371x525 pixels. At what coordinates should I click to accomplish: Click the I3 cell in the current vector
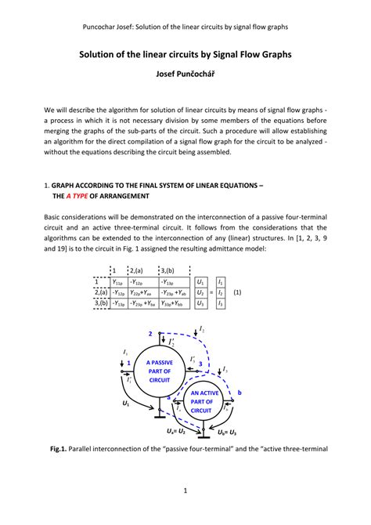click(221, 302)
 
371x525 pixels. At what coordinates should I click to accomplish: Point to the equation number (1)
click(237, 291)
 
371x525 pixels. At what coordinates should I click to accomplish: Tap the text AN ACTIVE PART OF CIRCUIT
click(201, 401)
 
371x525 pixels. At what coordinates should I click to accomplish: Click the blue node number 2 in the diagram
click(150, 335)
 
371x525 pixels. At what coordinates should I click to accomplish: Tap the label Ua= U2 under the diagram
click(175, 432)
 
